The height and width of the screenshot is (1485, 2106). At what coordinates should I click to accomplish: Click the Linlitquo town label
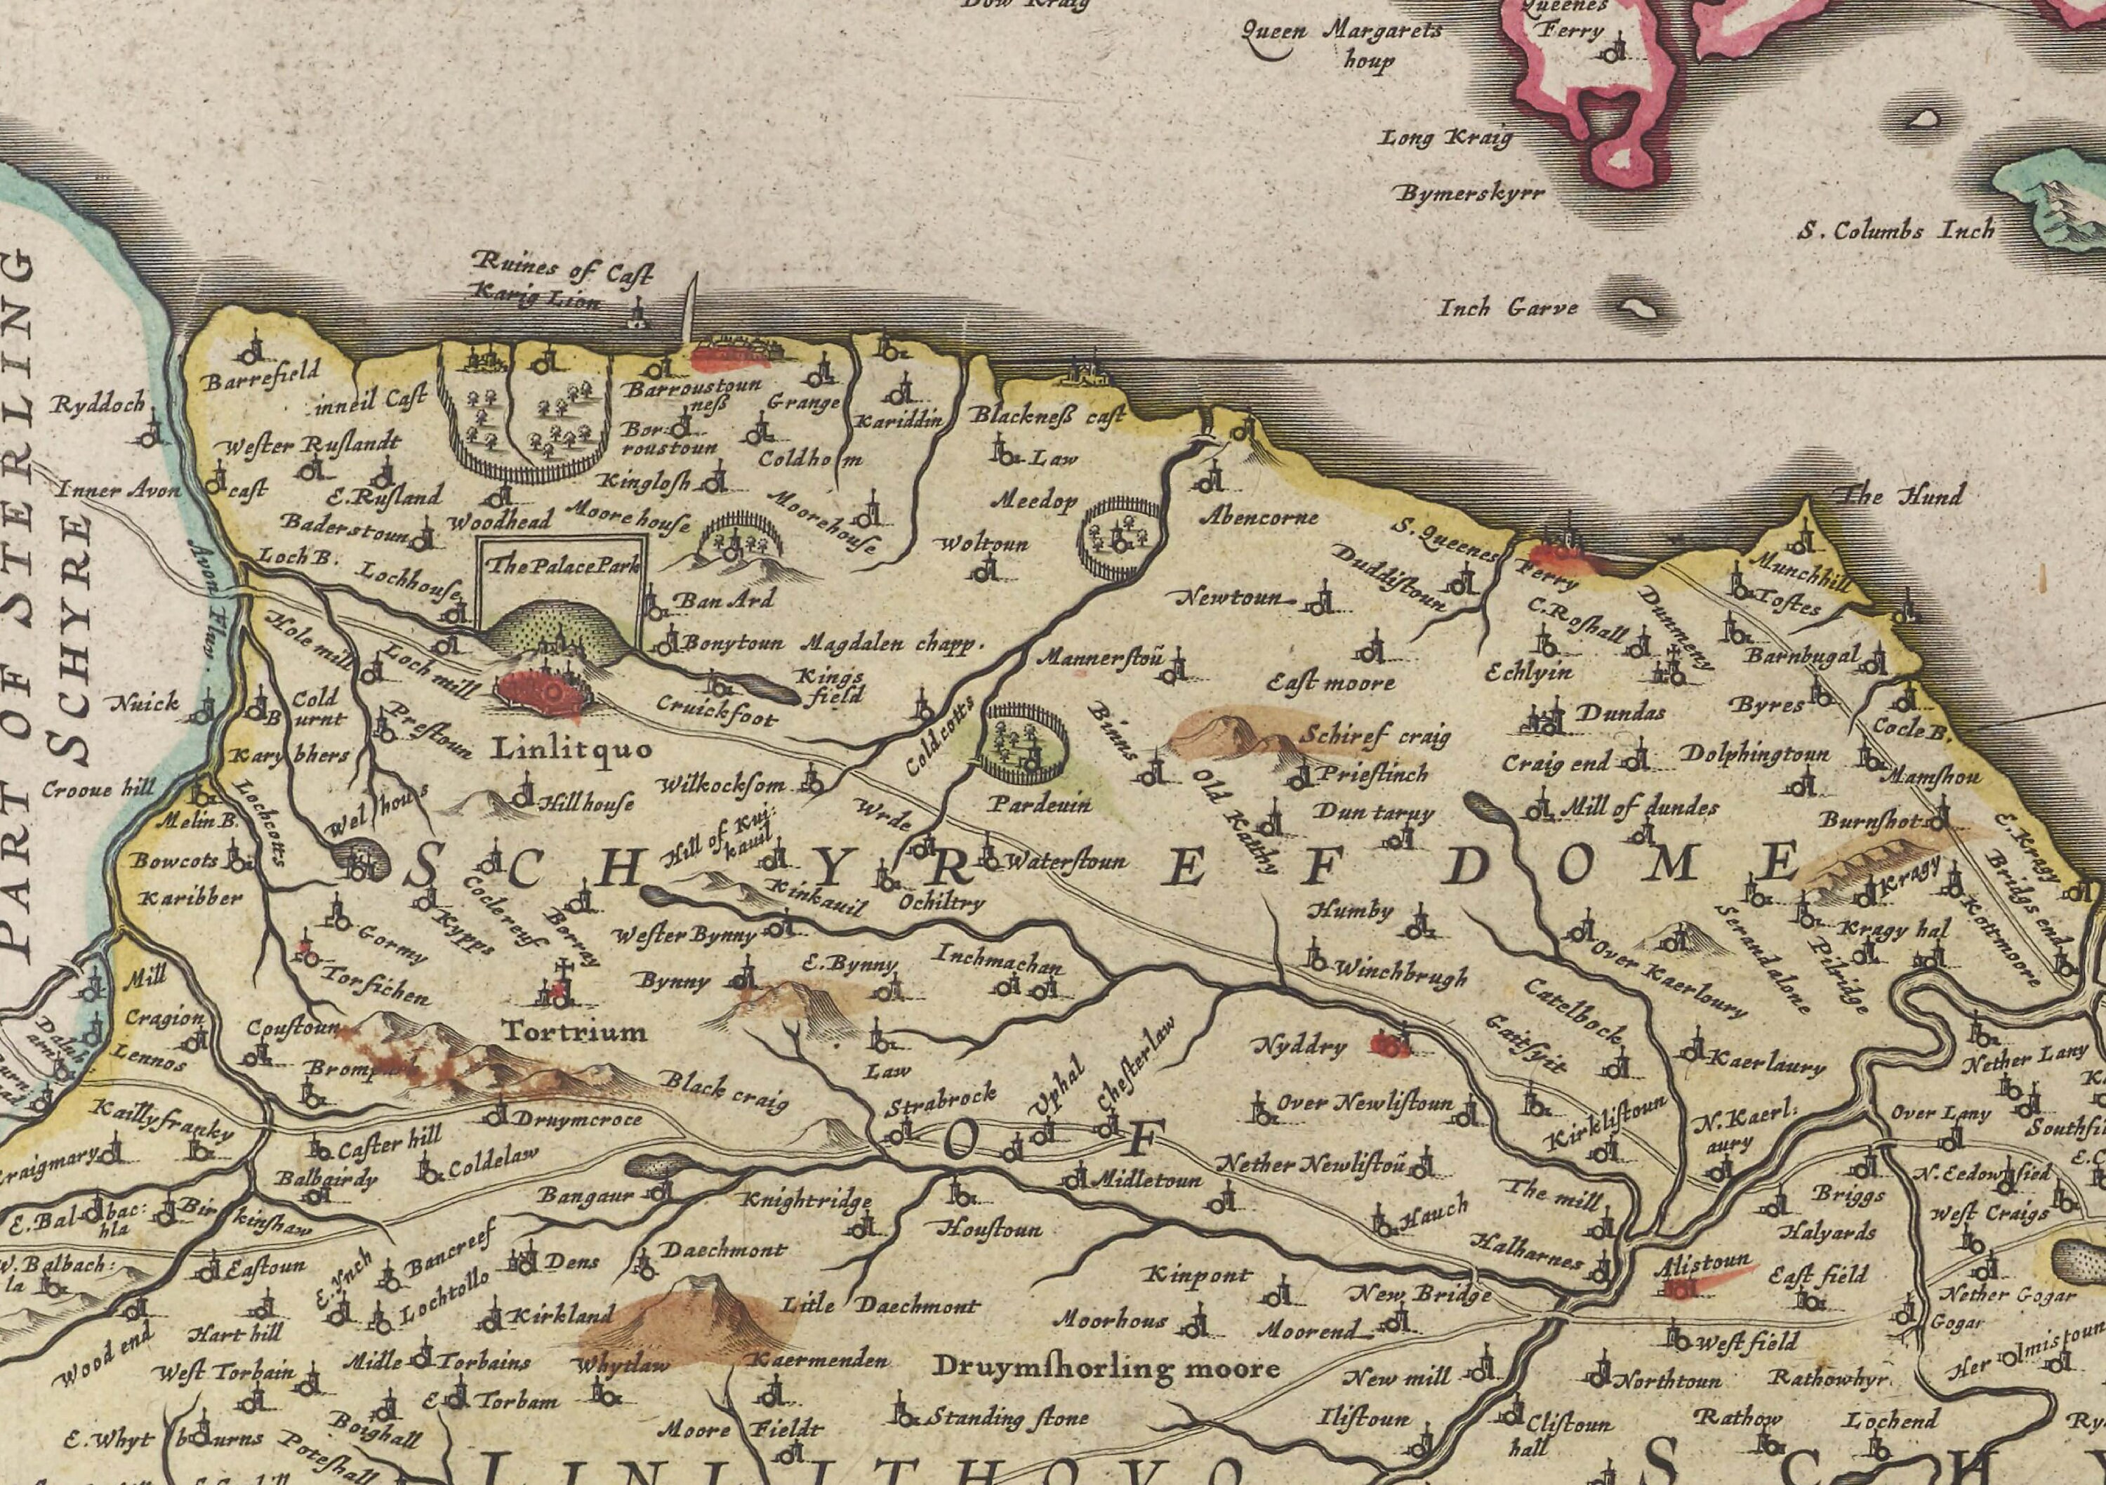pyautogui.click(x=571, y=749)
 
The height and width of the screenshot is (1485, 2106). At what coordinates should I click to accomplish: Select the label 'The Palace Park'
pyautogui.click(x=560, y=565)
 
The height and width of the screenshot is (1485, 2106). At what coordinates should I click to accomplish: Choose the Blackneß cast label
pyautogui.click(x=1047, y=416)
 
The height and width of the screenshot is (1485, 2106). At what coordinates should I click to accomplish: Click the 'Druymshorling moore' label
pyautogui.click(x=1105, y=1368)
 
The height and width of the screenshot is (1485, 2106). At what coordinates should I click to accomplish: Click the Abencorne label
pyautogui.click(x=1259, y=516)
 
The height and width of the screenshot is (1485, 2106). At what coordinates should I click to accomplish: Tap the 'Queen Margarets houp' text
pyautogui.click(x=1341, y=43)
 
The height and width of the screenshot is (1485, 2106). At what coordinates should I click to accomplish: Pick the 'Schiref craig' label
pyautogui.click(x=1375, y=734)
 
